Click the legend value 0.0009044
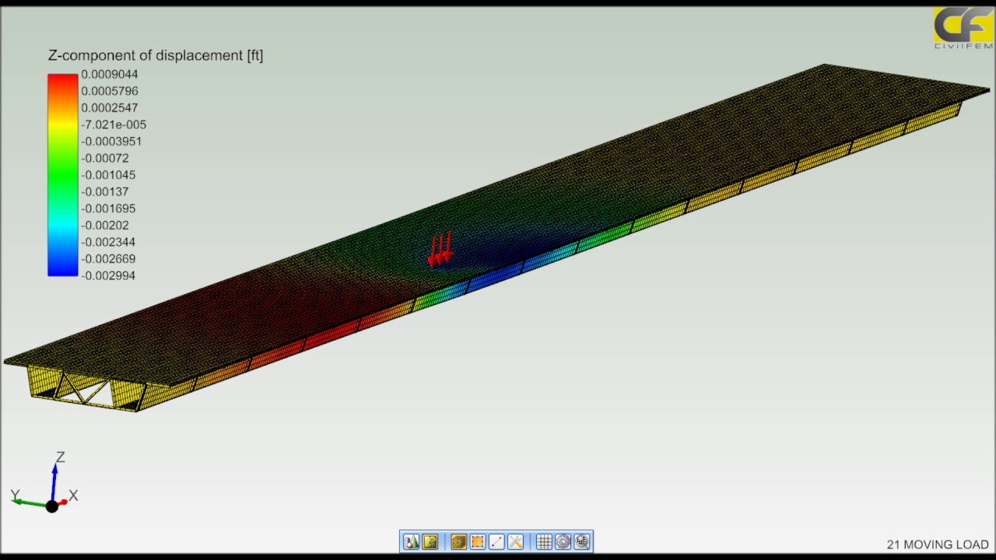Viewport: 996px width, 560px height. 109,75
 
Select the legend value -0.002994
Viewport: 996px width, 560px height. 107,275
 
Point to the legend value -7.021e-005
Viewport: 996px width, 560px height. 113,124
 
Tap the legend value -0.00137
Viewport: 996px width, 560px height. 104,191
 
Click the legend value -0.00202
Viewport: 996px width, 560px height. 104,226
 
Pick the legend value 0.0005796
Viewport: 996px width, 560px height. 109,91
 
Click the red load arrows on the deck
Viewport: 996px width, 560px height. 440,249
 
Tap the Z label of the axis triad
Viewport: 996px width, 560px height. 60,457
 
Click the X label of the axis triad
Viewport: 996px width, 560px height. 73,495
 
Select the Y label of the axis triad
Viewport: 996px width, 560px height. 15,495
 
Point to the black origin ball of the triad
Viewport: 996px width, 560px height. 52,506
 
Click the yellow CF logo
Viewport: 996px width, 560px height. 962,26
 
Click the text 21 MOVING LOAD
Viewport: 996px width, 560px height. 937,545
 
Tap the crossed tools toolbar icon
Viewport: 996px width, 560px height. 515,541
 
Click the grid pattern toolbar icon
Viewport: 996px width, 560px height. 544,541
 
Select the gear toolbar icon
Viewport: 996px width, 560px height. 563,541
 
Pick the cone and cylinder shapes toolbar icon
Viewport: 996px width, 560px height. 411,541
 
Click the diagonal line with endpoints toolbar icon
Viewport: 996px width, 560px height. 496,541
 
